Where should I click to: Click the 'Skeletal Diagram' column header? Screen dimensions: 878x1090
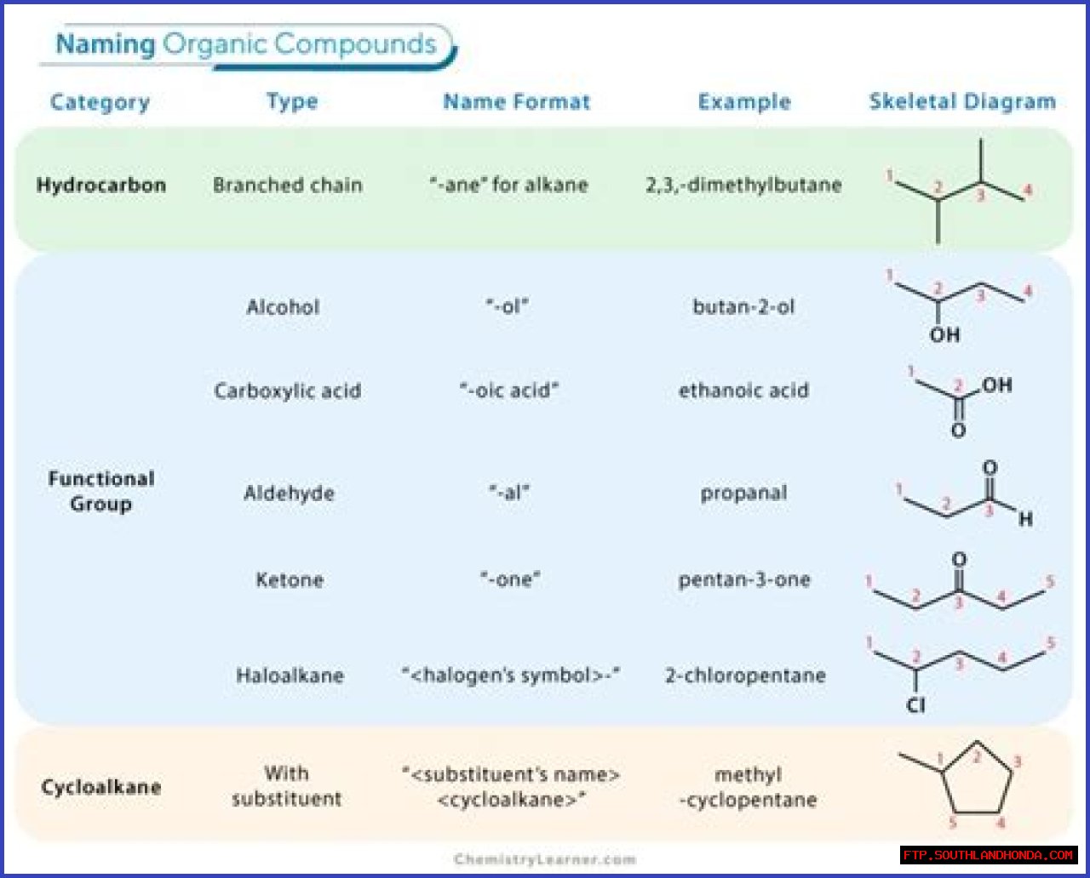tap(961, 102)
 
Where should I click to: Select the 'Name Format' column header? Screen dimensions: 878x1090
tap(516, 102)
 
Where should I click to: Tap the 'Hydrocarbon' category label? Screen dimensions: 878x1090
tap(101, 185)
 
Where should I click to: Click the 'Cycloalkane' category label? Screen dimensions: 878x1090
tap(101, 787)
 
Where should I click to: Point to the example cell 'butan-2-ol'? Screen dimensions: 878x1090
tap(743, 307)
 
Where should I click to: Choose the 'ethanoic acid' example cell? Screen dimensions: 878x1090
tap(743, 391)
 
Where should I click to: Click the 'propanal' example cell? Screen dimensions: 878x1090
tap(743, 493)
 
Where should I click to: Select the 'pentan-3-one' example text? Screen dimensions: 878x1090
tap(744, 580)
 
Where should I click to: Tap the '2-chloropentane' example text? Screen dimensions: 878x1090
tap(745, 676)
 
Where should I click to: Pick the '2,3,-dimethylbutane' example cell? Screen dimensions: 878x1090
tap(743, 185)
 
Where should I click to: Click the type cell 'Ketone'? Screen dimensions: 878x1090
tap(290, 580)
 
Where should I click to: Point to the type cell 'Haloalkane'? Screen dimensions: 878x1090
tap(290, 676)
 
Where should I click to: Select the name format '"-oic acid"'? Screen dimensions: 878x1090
tap(509, 391)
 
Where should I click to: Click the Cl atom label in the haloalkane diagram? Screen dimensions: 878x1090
tap(915, 705)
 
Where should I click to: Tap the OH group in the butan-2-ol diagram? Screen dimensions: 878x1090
tap(944, 335)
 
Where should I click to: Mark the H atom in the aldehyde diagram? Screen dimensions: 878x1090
tap(1026, 519)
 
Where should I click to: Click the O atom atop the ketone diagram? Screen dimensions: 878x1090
tap(959, 560)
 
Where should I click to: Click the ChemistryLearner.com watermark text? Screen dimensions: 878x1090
tap(545, 859)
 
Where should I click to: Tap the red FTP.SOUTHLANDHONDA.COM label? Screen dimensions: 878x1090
tap(989, 855)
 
